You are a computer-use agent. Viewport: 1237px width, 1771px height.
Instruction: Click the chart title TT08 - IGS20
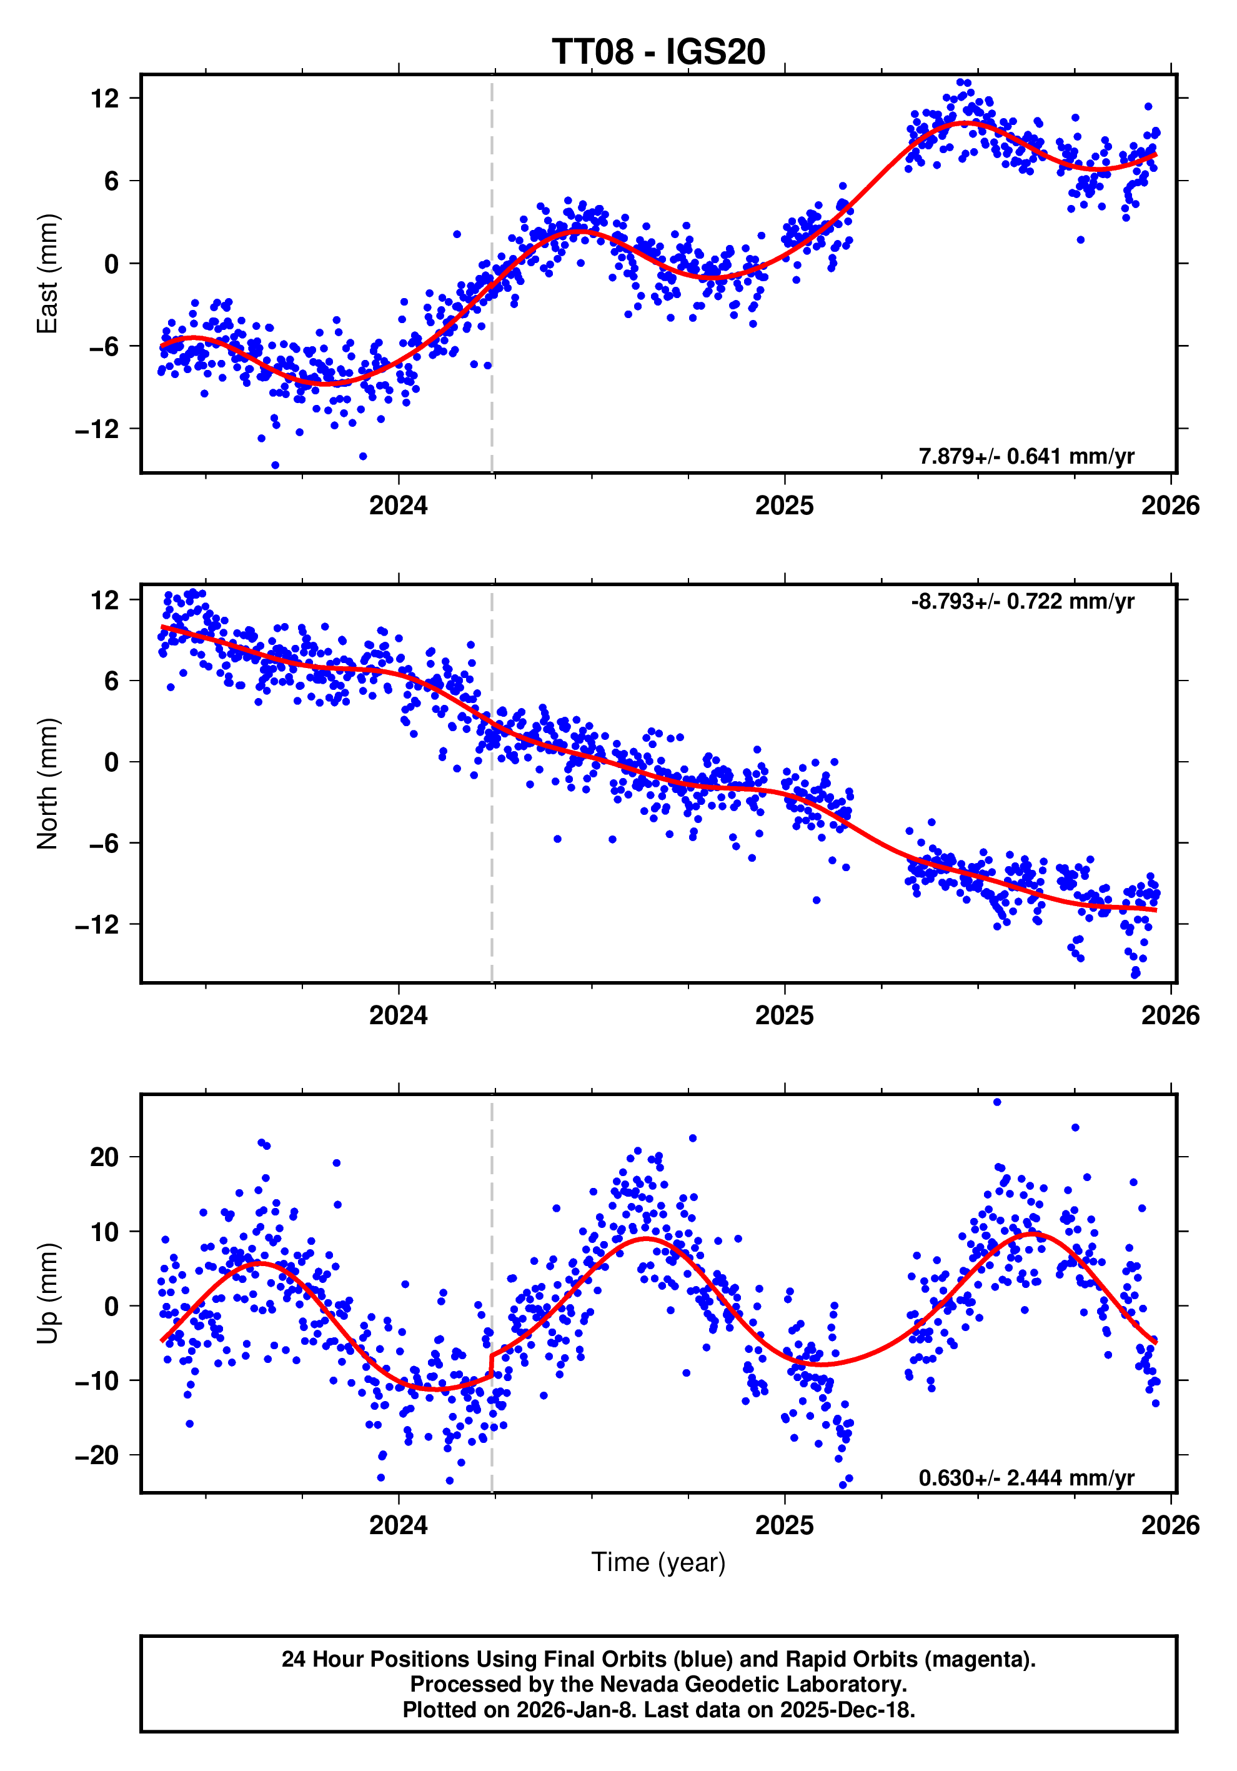click(658, 52)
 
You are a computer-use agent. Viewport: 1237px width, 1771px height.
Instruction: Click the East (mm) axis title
click(48, 274)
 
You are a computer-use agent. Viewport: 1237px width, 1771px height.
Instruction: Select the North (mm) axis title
click(48, 784)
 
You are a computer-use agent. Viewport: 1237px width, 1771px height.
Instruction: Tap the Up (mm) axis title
click(48, 1294)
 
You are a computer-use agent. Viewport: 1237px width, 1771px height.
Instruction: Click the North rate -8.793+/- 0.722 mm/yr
click(1022, 601)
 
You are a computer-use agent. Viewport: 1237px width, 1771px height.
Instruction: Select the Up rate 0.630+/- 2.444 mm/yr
click(1026, 1478)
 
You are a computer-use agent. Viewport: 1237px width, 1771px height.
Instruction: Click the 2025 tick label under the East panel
click(784, 506)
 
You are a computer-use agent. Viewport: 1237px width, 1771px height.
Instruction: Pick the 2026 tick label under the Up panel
click(1170, 1525)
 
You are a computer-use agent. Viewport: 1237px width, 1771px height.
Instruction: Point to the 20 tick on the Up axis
click(104, 1157)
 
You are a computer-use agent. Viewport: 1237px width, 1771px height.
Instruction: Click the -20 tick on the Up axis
click(97, 1455)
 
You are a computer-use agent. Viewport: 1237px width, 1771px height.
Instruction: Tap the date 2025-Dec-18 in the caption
click(845, 1710)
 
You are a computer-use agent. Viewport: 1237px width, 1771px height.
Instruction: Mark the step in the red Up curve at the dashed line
click(491, 1365)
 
